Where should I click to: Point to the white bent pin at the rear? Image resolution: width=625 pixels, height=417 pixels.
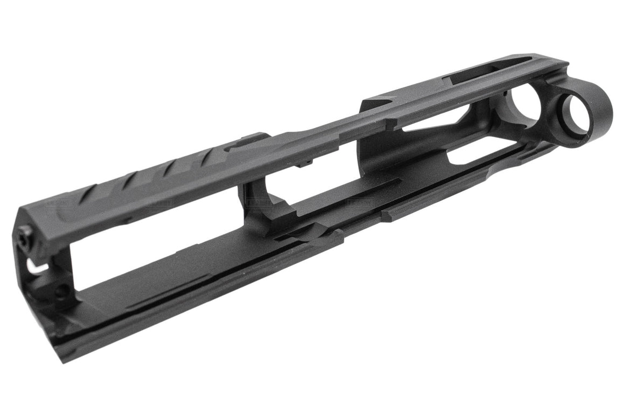(x=36, y=267)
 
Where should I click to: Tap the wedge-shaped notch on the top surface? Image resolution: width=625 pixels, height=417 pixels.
(x=385, y=102)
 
